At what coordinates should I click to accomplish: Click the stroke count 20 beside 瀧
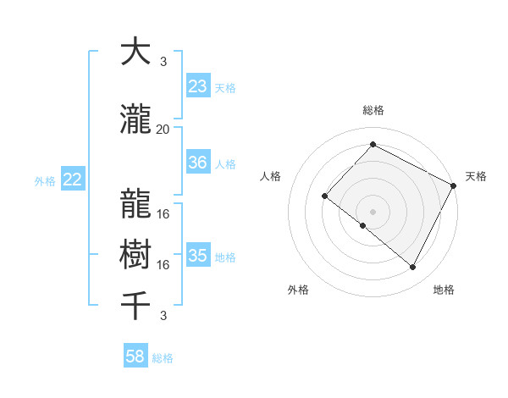163,130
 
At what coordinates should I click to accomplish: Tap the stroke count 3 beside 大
163,62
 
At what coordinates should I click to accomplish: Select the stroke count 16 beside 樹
163,265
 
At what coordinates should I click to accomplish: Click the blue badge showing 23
198,86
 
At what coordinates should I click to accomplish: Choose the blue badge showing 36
198,163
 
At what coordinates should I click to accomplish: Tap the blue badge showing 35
198,256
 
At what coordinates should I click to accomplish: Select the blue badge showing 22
73,180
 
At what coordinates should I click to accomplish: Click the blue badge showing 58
135,357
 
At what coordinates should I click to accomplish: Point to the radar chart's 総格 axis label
373,110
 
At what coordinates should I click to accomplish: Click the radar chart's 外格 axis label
298,290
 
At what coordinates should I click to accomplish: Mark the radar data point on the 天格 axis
455,186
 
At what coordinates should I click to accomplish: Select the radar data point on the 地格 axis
412,268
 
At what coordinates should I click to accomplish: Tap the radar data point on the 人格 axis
324,196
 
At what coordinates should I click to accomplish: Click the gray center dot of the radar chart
373,211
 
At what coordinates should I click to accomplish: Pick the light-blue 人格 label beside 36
225,163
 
